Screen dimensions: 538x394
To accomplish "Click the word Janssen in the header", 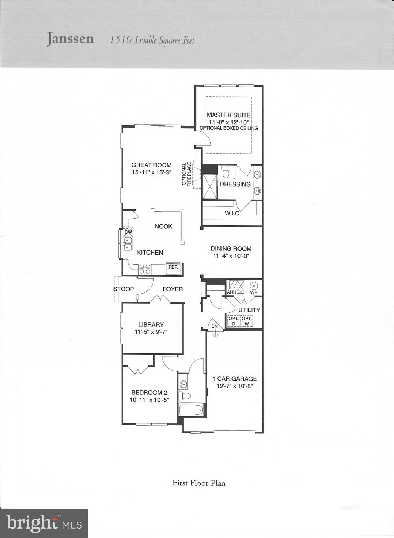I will coord(70,39).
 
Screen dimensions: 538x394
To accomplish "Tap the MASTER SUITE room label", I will coord(229,115).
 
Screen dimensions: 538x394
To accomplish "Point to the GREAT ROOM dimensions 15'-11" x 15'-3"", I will coord(151,172).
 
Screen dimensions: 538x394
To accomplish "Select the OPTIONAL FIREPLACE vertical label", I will coord(187,174).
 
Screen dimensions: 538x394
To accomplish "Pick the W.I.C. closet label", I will coord(233,213).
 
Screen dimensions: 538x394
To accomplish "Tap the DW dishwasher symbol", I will coord(128,232).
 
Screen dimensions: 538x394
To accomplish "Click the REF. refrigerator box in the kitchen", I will coord(173,267).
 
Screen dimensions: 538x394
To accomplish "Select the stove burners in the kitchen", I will coord(145,269).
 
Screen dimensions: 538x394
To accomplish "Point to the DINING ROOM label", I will coord(231,249).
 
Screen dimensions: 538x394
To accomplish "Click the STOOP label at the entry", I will coord(124,289).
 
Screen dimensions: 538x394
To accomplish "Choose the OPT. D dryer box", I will coord(234,321).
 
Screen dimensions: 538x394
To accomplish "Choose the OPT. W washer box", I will coord(247,321).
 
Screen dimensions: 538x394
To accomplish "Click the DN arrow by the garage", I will coord(215,329).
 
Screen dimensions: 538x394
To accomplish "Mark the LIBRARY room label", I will coord(151,325).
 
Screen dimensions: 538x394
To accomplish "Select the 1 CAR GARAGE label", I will coord(235,379).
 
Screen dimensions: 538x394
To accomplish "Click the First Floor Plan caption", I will coord(199,483).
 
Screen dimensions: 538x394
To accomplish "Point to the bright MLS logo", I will coord(44,523).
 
